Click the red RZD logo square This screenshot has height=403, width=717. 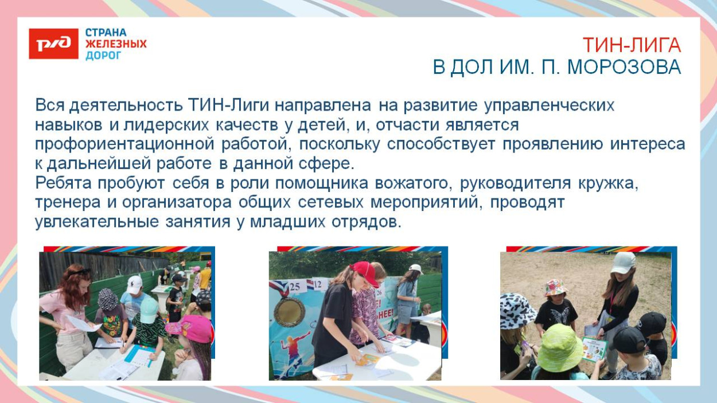click(x=53, y=44)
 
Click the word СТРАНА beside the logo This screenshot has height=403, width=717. click(x=106, y=33)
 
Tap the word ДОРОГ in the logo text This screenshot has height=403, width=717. click(x=104, y=56)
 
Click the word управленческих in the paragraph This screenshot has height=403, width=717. click(x=549, y=105)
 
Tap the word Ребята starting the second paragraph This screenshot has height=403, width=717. click(x=65, y=183)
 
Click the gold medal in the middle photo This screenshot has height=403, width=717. click(x=290, y=311)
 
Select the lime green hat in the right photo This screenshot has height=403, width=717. click(x=559, y=348)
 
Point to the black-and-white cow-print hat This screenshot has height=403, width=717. click(x=517, y=310)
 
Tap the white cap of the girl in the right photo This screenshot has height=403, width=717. click(x=623, y=262)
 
